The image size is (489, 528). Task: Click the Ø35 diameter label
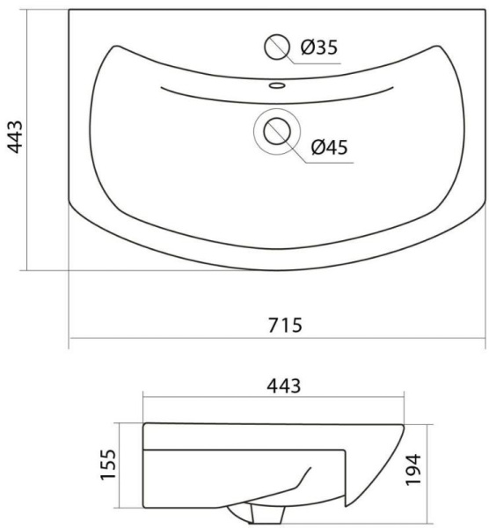point(318,48)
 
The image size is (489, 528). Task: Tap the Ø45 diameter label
point(329,147)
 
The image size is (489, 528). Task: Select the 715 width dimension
point(285,325)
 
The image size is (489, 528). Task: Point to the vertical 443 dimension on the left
point(15,136)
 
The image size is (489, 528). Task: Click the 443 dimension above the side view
point(284,386)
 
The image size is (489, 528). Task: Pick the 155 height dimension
point(108,464)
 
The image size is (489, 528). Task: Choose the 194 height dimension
point(413,469)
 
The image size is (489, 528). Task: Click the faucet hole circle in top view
point(277,48)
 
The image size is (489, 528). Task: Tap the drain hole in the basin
point(277,131)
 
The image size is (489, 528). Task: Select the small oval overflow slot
point(277,85)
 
